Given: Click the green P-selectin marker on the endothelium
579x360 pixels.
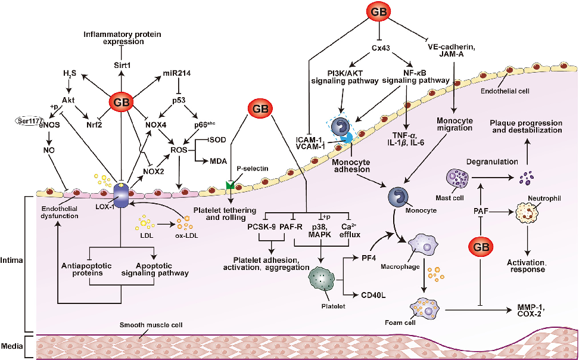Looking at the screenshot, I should (230, 186).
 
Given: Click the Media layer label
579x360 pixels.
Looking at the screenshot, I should (12, 346).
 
